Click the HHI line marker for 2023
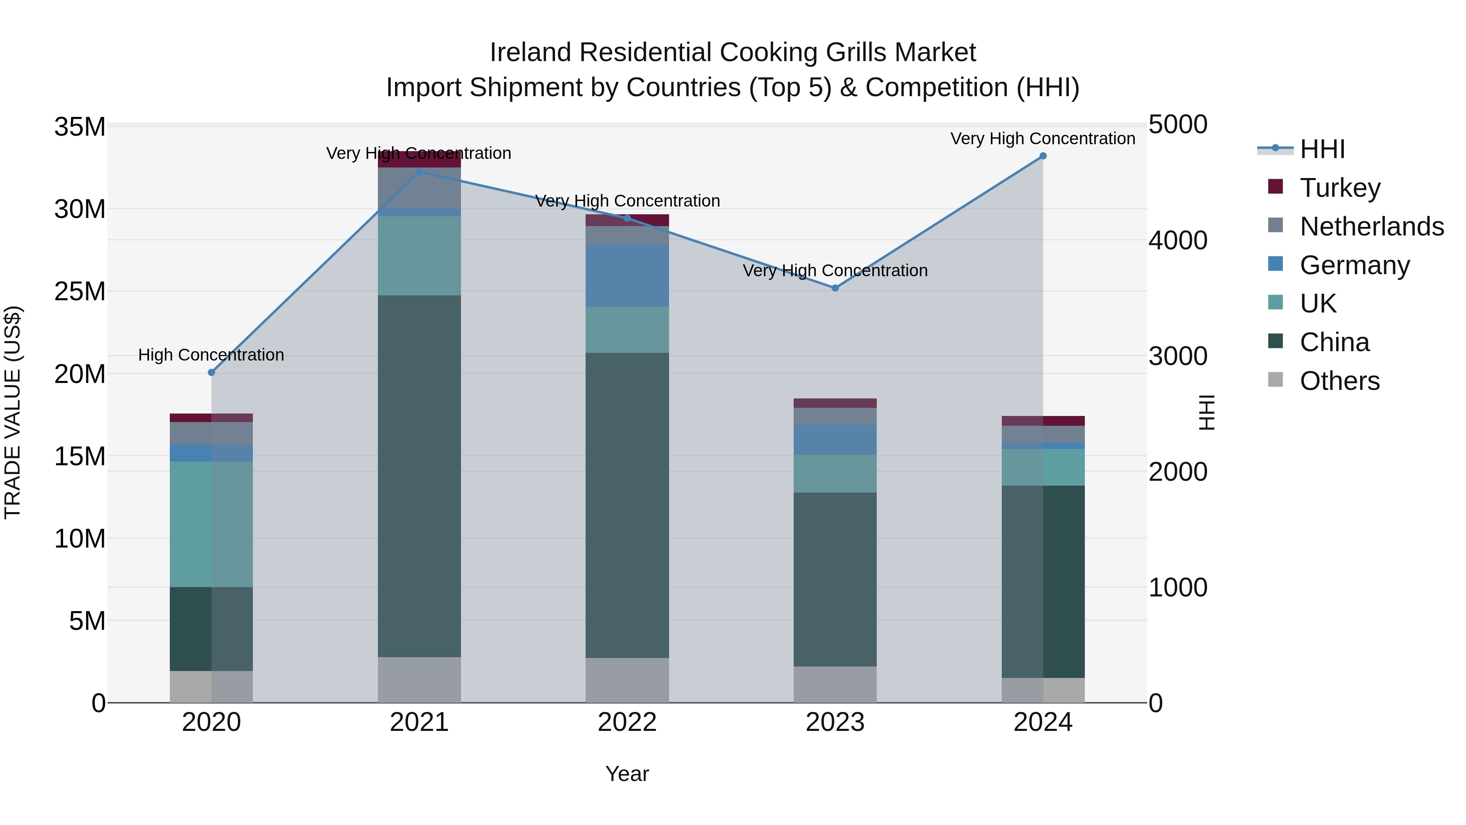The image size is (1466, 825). coord(835,288)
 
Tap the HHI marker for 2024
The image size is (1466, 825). coord(1042,156)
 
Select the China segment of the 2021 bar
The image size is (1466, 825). coord(419,476)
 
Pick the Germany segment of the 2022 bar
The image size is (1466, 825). coord(627,275)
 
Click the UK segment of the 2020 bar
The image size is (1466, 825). coord(211,524)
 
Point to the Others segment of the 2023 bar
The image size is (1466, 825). coord(835,684)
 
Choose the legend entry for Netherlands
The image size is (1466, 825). coord(1372,227)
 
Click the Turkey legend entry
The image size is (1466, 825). coord(1340,188)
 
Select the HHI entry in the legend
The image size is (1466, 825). coord(1322,149)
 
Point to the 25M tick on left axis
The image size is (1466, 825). coord(80,292)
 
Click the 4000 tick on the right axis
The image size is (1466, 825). coord(1177,240)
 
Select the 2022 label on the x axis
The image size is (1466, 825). coord(627,722)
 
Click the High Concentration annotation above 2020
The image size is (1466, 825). coord(211,355)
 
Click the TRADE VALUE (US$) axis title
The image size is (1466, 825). coord(13,412)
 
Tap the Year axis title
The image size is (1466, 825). coord(627,774)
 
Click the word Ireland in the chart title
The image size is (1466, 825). coord(530,53)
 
